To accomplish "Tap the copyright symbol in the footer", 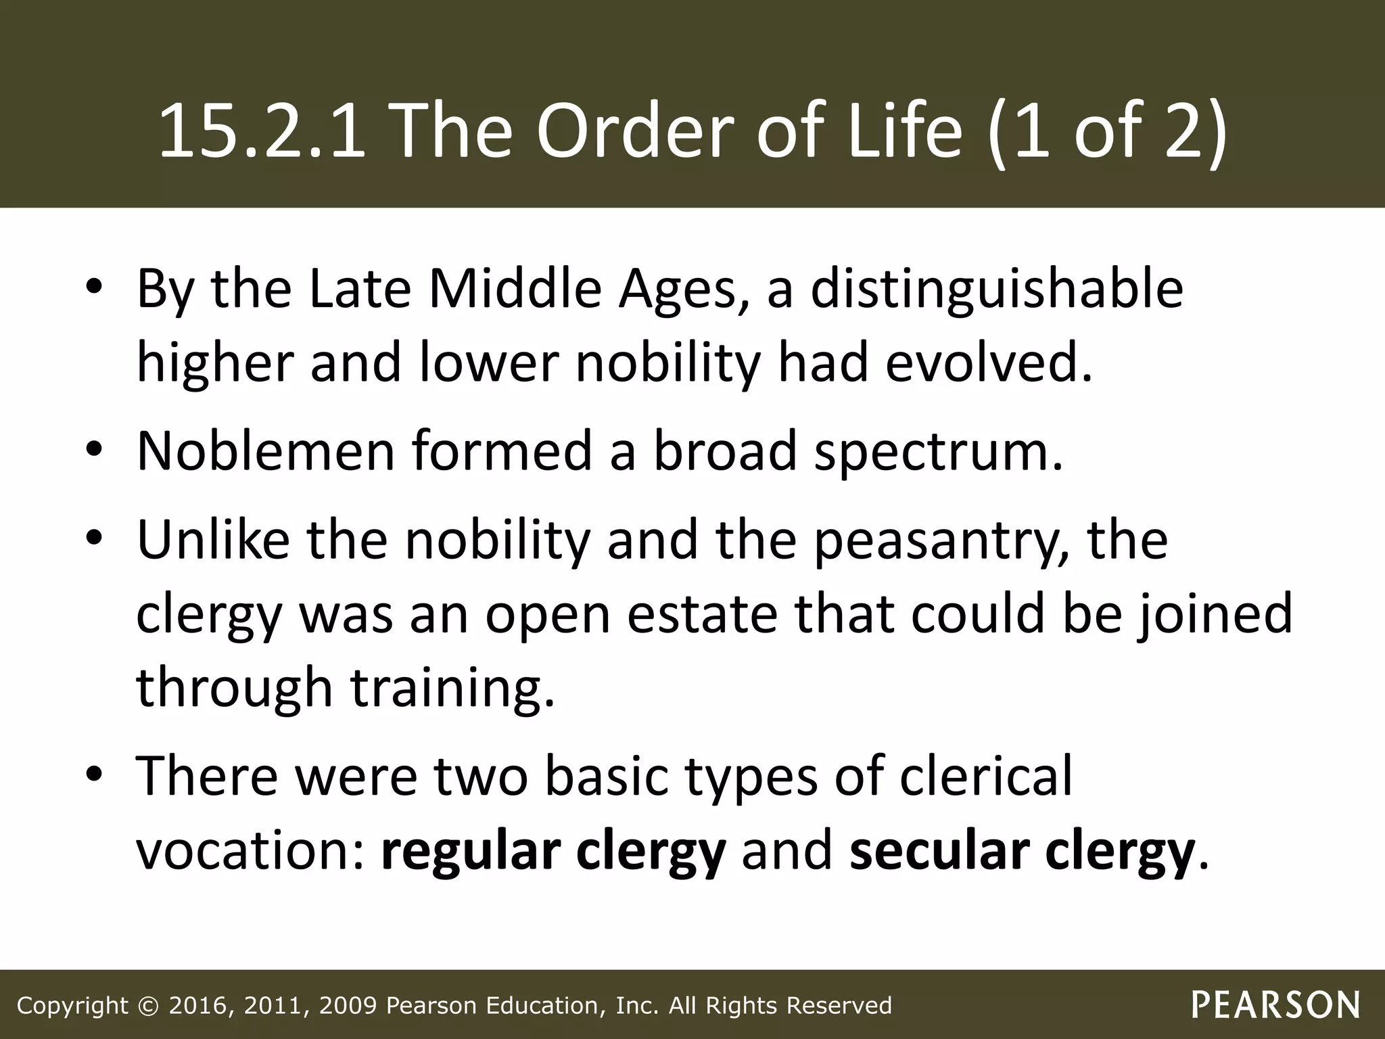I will [147, 1006].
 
